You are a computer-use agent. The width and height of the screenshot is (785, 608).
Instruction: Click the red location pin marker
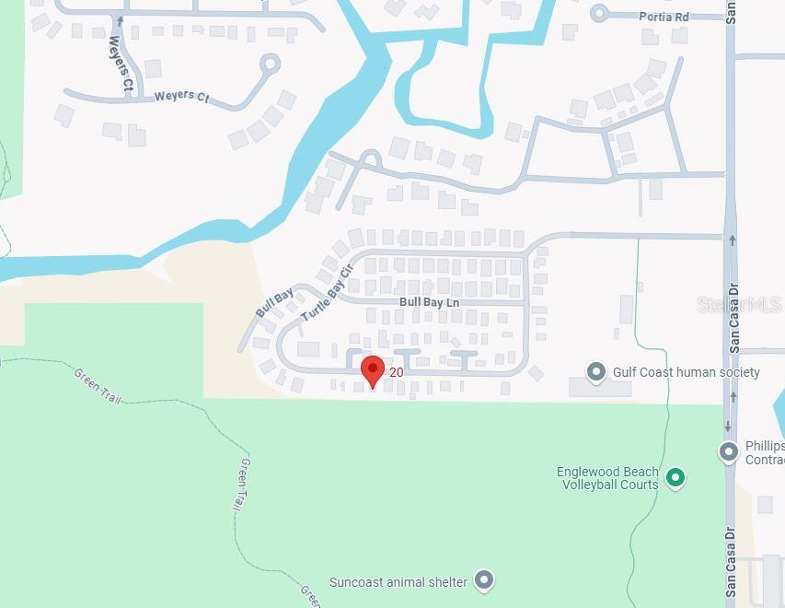tap(372, 370)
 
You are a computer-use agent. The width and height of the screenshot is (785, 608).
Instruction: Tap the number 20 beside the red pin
tap(397, 372)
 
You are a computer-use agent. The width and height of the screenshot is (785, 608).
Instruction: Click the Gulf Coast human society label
tap(687, 372)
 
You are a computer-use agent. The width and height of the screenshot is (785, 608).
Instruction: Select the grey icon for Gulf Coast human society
tap(596, 372)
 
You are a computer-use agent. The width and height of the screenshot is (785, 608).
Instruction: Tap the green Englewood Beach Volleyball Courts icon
tap(675, 477)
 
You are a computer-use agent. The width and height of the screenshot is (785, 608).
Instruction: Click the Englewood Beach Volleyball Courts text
tap(607, 478)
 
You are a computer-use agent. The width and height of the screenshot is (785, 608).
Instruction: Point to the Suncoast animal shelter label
tap(399, 582)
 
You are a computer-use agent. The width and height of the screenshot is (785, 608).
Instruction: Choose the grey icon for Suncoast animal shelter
tap(484, 580)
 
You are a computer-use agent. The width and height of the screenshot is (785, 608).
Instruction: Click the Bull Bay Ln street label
tap(429, 302)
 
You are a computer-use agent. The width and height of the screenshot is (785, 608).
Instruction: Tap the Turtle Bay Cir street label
tap(328, 292)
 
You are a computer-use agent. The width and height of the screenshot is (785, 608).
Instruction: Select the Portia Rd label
tap(664, 17)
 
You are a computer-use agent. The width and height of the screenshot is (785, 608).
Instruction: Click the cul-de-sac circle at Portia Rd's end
tap(600, 13)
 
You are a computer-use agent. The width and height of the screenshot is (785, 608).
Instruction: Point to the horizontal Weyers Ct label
tap(181, 96)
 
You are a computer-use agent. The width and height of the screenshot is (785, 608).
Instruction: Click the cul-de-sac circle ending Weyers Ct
tap(270, 64)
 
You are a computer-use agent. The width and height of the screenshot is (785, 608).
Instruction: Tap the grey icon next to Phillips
tap(729, 451)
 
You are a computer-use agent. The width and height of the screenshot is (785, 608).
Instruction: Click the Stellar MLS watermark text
tap(739, 304)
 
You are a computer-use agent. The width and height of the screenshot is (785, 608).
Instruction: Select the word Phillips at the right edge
tap(764, 446)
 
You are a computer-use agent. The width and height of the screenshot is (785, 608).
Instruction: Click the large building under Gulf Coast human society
tap(600, 388)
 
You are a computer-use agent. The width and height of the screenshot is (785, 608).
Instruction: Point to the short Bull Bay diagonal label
tap(274, 303)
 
